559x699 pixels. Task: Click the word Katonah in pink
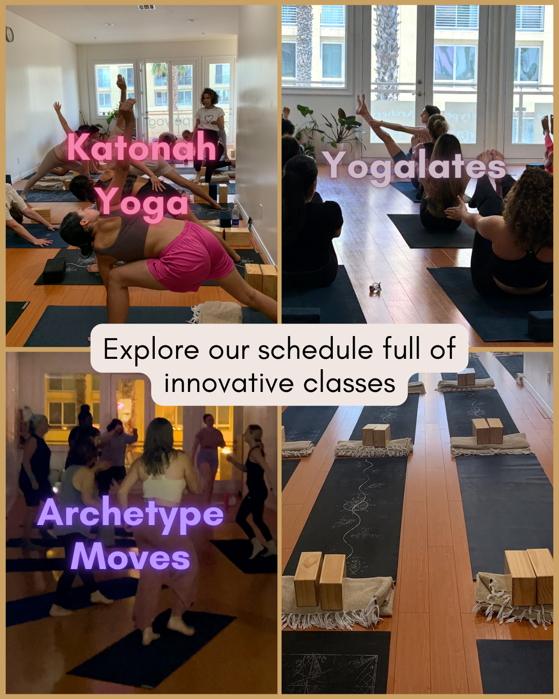coord(141,147)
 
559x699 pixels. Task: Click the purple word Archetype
coord(131,514)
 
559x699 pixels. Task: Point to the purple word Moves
coord(130,557)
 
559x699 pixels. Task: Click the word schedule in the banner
coord(316,349)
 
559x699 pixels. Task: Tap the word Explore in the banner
coord(151,351)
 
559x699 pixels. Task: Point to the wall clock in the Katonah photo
coord(10,34)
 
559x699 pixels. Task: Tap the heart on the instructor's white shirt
coord(208,118)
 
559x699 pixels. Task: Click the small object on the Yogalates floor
coord(375,288)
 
